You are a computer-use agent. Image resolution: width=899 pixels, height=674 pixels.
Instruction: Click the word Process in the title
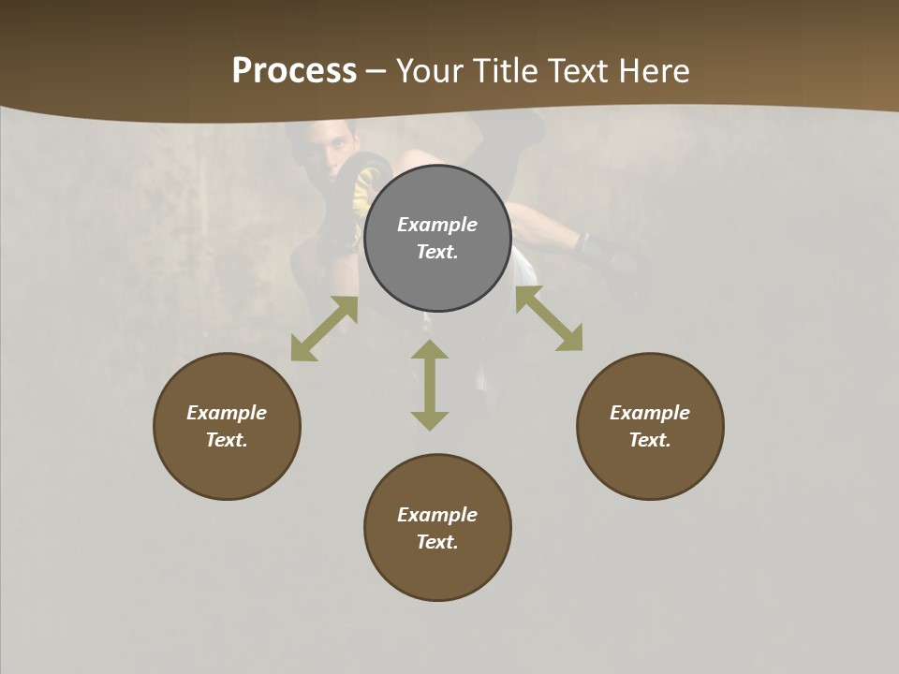pyautogui.click(x=294, y=71)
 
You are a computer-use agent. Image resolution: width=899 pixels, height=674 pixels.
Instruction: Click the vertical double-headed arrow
pyautogui.click(x=430, y=385)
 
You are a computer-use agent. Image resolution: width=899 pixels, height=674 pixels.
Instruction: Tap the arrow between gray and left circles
pyautogui.click(x=324, y=329)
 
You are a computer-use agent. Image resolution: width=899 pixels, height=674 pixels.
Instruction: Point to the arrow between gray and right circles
pyautogui.click(x=549, y=318)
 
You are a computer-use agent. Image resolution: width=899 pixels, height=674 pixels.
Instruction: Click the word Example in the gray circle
pyautogui.click(x=437, y=225)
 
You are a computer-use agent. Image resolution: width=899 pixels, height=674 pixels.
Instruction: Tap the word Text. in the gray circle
pyautogui.click(x=437, y=252)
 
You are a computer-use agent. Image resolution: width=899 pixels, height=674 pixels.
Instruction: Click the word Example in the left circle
pyautogui.click(x=227, y=413)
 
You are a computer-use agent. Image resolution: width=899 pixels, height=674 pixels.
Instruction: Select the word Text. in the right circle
pyautogui.click(x=650, y=440)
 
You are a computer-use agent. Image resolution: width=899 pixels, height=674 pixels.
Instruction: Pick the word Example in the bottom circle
pyautogui.click(x=437, y=515)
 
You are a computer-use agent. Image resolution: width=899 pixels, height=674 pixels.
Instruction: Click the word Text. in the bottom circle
pyautogui.click(x=437, y=542)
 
